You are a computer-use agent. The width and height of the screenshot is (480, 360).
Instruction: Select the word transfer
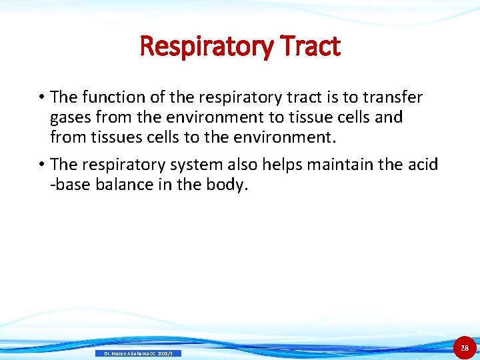click(393, 97)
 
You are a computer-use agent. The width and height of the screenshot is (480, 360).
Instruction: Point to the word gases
click(71, 117)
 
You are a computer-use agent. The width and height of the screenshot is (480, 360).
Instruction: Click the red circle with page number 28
click(465, 347)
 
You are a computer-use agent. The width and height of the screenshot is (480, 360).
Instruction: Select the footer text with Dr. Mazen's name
click(138, 353)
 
